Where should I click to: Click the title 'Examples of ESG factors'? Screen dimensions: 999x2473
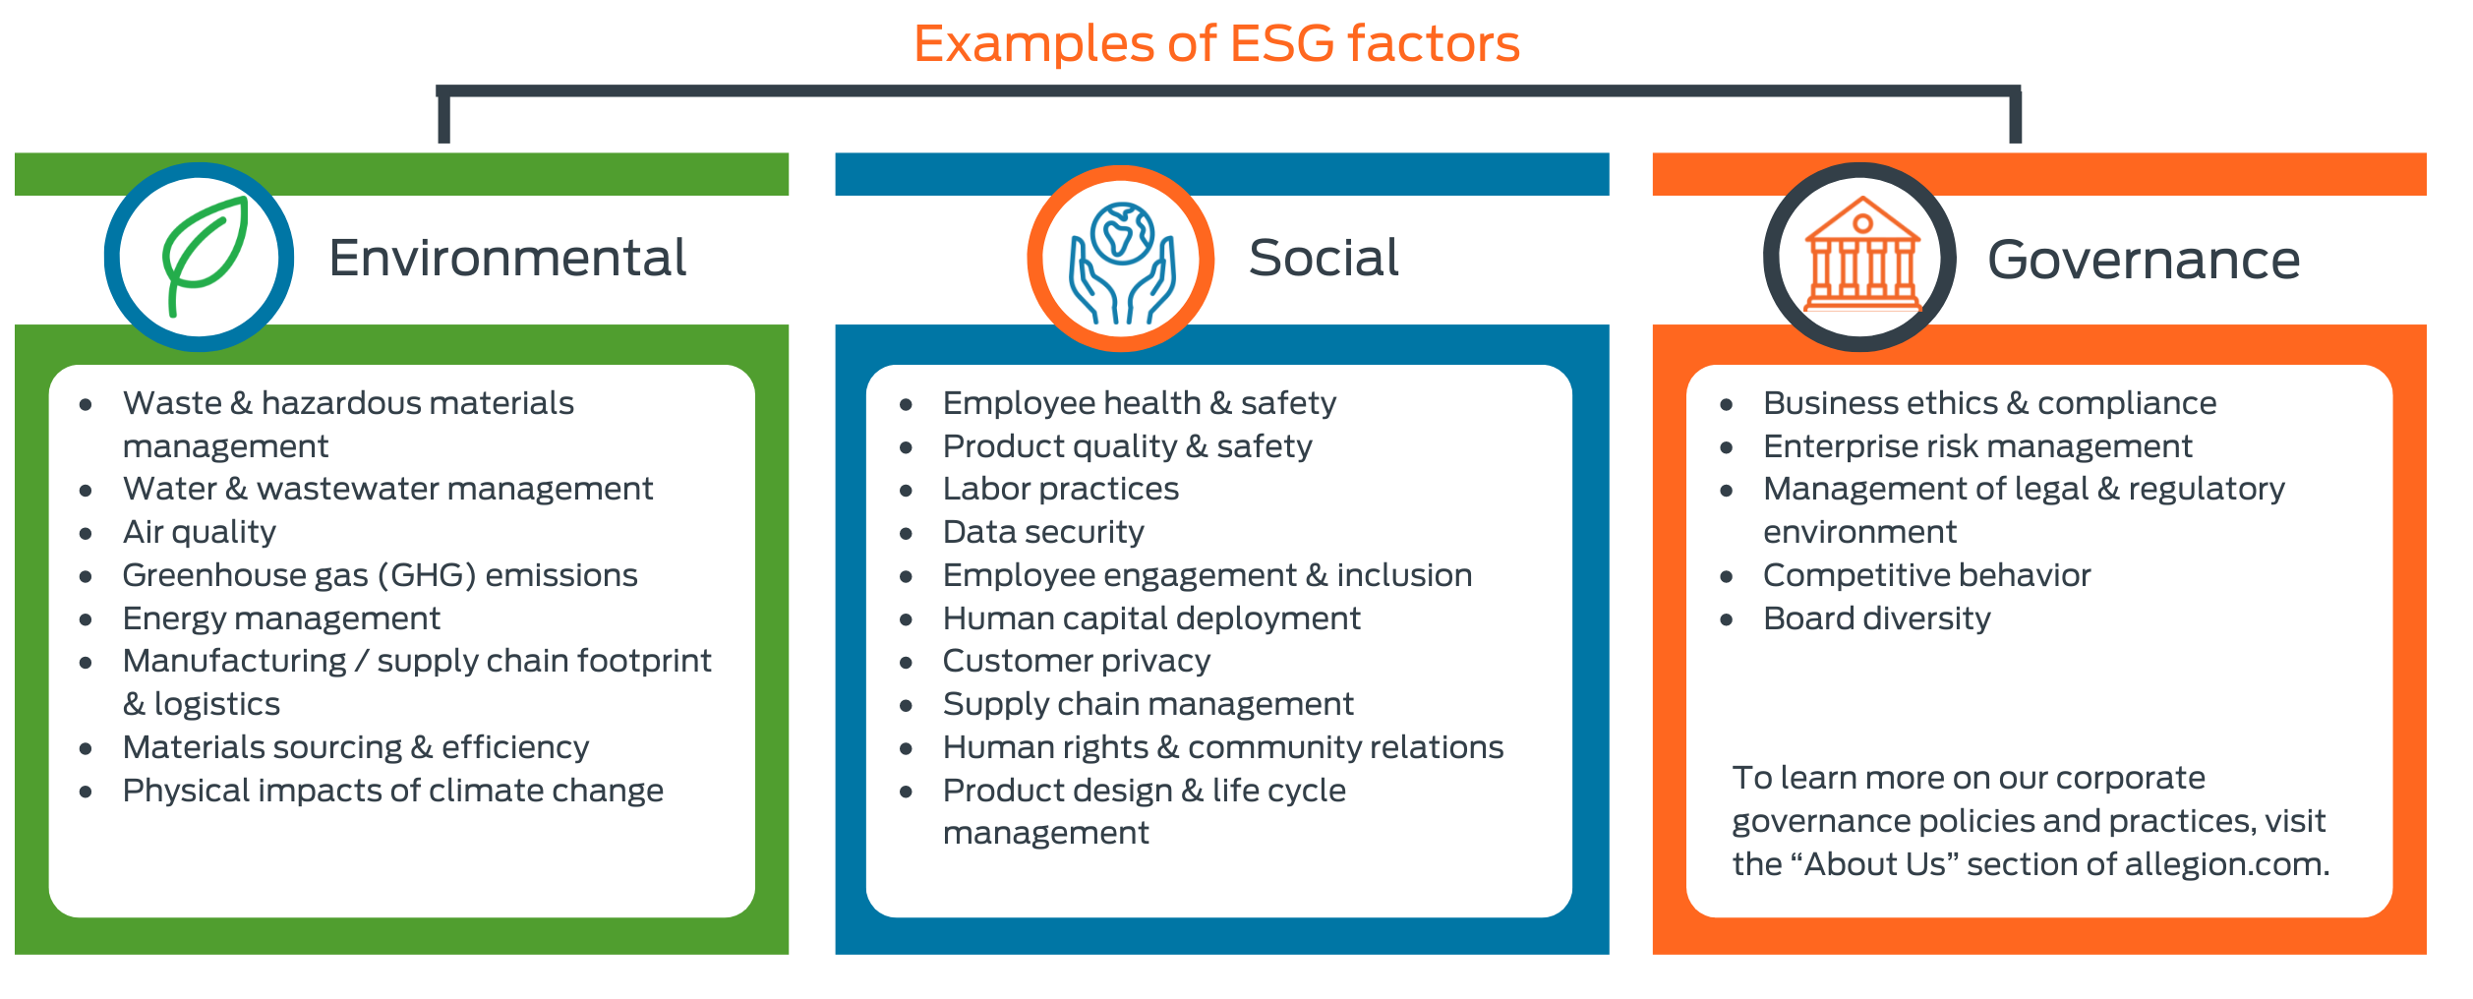[1216, 44]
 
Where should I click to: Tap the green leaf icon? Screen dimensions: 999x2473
[204, 256]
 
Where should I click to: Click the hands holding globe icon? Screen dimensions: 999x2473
[1121, 262]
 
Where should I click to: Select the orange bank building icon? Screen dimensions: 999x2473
[1861, 256]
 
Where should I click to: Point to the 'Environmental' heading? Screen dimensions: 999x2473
[507, 259]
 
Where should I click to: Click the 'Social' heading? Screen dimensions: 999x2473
[1324, 259]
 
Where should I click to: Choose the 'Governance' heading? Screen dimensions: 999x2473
[2144, 261]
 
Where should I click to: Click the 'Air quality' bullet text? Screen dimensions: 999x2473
[200, 532]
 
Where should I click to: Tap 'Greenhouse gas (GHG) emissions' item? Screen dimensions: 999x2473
[380, 575]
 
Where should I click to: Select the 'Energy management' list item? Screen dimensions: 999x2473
[281, 618]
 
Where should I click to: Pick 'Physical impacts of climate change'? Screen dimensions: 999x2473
[393, 791]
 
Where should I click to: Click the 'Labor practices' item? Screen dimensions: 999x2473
[1060, 489]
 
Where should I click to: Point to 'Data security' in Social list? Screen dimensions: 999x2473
[1043, 532]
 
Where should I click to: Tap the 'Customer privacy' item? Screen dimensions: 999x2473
[1076, 661]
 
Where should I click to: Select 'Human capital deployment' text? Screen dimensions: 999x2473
[1151, 618]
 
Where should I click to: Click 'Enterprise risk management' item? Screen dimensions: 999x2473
[1977, 446]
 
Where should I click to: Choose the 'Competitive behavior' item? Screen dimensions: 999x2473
[1926, 575]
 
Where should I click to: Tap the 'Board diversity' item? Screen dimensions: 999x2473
[1876, 618]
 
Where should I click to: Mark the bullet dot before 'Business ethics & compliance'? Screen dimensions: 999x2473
[1727, 405]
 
